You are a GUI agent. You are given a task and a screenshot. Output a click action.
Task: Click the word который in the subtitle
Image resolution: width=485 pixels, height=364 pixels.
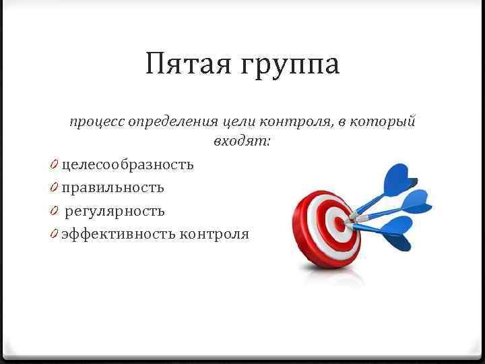387,122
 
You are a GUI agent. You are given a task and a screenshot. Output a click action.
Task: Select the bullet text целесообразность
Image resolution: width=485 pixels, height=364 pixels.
127,164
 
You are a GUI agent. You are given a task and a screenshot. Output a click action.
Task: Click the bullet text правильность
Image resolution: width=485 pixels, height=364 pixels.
112,187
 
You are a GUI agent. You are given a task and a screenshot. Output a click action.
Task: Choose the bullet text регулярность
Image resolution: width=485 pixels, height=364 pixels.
115,211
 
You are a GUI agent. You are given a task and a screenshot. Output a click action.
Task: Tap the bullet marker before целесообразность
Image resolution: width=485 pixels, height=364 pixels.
53,164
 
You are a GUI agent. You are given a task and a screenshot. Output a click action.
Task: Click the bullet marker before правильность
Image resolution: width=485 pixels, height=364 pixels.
53,187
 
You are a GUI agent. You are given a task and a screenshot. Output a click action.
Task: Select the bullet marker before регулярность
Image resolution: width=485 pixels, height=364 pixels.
53,211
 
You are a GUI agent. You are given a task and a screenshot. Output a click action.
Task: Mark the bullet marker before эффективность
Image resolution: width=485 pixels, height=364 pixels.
53,234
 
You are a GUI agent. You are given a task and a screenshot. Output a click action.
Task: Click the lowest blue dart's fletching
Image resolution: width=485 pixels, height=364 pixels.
397,232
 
